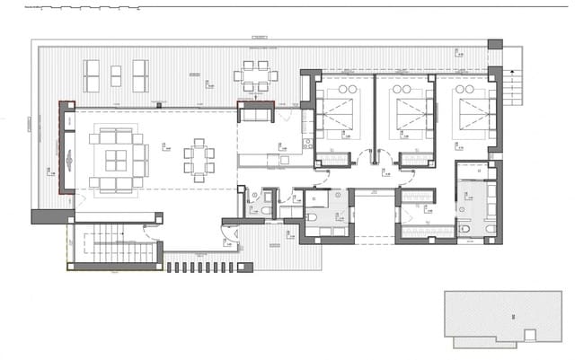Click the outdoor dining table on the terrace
tap(255, 75)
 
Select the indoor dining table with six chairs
tap(199, 159)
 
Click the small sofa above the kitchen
tap(256, 113)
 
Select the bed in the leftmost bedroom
tap(340, 113)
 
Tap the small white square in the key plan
tap(530, 335)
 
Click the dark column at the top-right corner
tap(494, 44)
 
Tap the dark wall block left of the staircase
tap(50, 216)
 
